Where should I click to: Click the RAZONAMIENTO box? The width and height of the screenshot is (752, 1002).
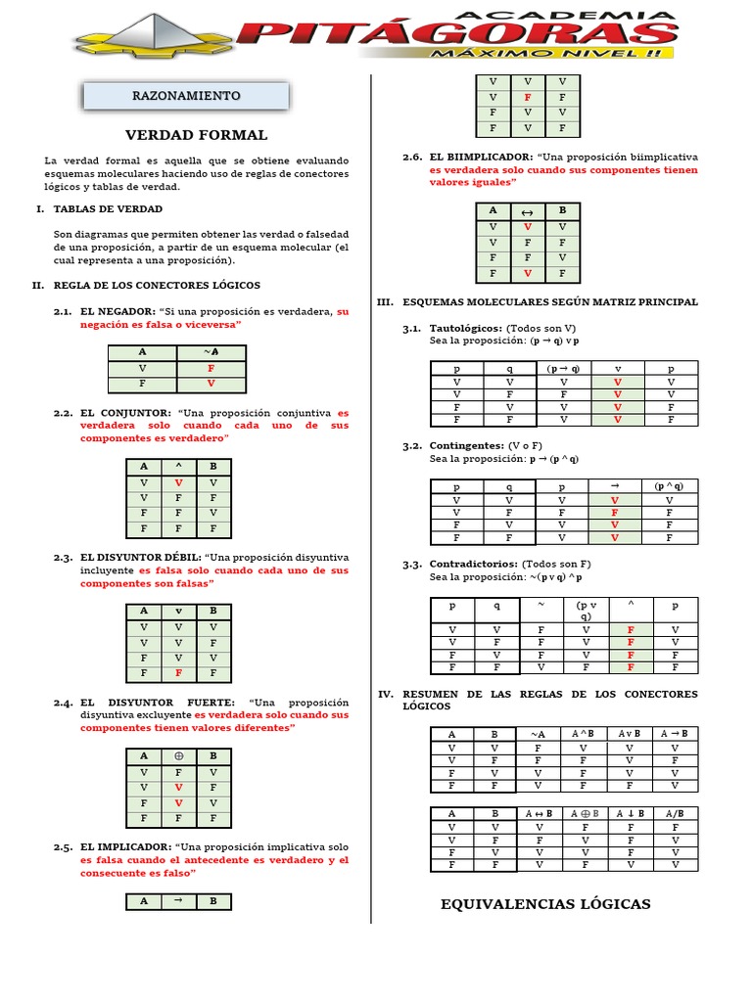click(186, 96)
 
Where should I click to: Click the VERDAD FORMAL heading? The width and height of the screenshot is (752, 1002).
click(196, 135)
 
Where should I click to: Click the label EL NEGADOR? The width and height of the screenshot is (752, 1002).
click(117, 311)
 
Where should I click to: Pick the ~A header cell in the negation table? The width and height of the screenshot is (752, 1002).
click(211, 352)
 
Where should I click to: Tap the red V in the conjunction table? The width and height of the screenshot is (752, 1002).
click(178, 483)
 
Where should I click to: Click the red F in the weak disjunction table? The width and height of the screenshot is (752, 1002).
click(178, 673)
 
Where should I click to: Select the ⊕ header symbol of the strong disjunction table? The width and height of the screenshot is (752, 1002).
click(178, 756)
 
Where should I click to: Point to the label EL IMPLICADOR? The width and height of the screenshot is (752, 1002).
click(125, 846)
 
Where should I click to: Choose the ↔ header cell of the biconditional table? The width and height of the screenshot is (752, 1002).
click(527, 210)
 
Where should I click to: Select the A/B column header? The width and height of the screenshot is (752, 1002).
click(674, 813)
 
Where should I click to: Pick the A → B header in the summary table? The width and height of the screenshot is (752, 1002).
click(674, 734)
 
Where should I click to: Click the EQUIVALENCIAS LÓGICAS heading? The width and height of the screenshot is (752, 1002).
click(545, 904)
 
